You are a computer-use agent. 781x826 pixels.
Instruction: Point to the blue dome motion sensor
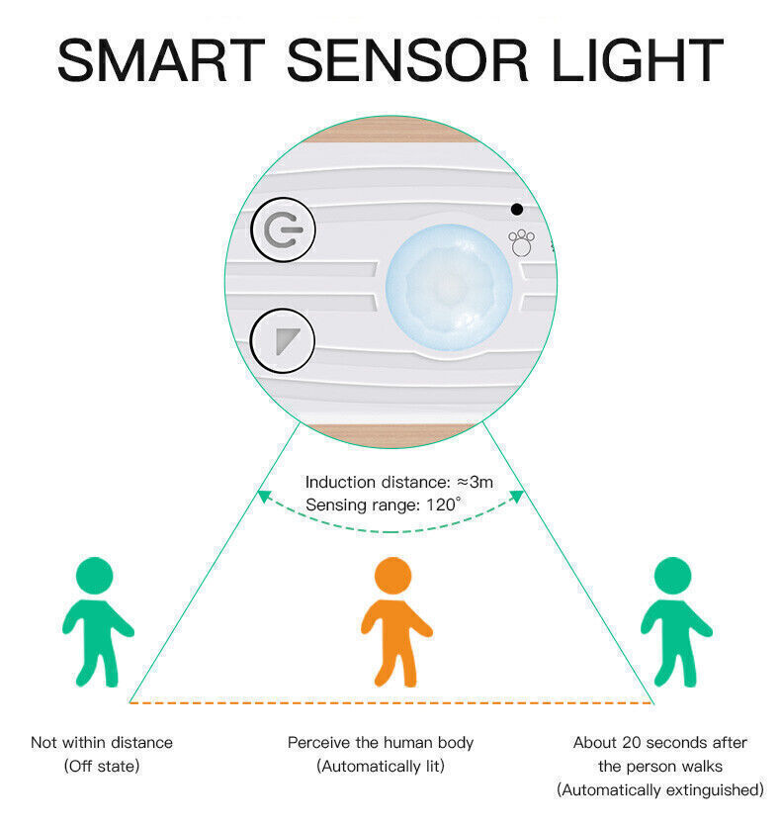tap(449, 284)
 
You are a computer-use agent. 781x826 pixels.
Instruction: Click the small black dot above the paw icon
tap(516, 209)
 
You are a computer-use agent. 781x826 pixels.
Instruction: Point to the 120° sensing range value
tap(443, 505)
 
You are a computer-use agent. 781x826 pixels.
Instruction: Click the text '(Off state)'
tap(102, 766)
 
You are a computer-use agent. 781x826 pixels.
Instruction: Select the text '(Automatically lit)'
tap(381, 766)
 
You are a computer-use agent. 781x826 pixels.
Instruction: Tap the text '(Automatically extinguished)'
tap(659, 789)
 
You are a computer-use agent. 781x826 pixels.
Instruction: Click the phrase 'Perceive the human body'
tap(381, 742)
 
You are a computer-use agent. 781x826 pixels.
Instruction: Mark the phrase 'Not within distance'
tap(102, 742)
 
